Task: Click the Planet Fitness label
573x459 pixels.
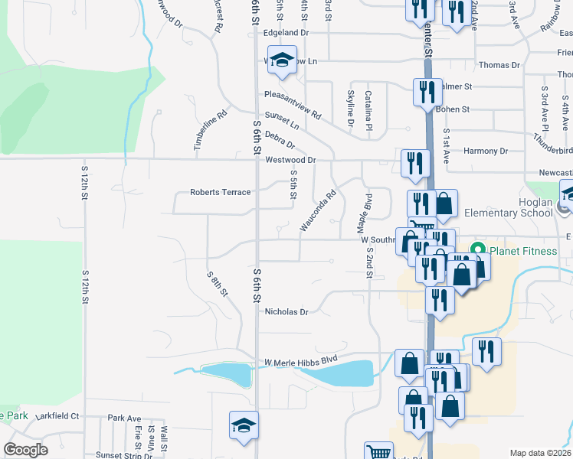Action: (x=519, y=250)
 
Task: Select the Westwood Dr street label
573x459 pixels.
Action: (x=290, y=160)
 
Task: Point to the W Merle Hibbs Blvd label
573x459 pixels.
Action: (x=301, y=361)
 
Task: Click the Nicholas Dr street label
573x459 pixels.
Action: (x=286, y=312)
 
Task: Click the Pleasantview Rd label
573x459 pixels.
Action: (x=293, y=104)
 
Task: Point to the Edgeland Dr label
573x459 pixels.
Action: (x=286, y=33)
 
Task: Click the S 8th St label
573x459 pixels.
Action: (x=218, y=283)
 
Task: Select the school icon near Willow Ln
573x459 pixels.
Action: (x=282, y=60)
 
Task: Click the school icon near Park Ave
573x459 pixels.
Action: (x=244, y=425)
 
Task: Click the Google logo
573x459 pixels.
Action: (x=25, y=450)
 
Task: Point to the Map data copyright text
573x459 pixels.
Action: (x=540, y=453)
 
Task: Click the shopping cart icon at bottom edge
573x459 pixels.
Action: (x=378, y=452)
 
